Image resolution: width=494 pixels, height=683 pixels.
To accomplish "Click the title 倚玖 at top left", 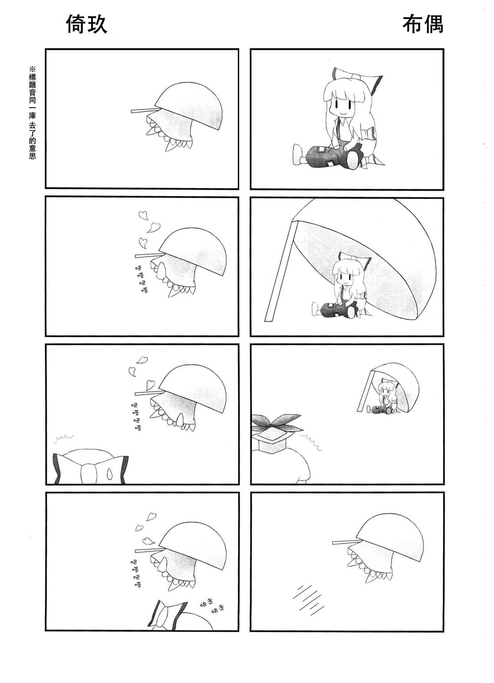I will click(x=86, y=24).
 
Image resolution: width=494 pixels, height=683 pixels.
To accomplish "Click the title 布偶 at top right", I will click(x=422, y=24).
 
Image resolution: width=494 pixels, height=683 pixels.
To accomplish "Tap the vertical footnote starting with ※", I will click(x=32, y=112).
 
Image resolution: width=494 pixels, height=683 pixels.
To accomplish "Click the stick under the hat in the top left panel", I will click(x=144, y=111).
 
